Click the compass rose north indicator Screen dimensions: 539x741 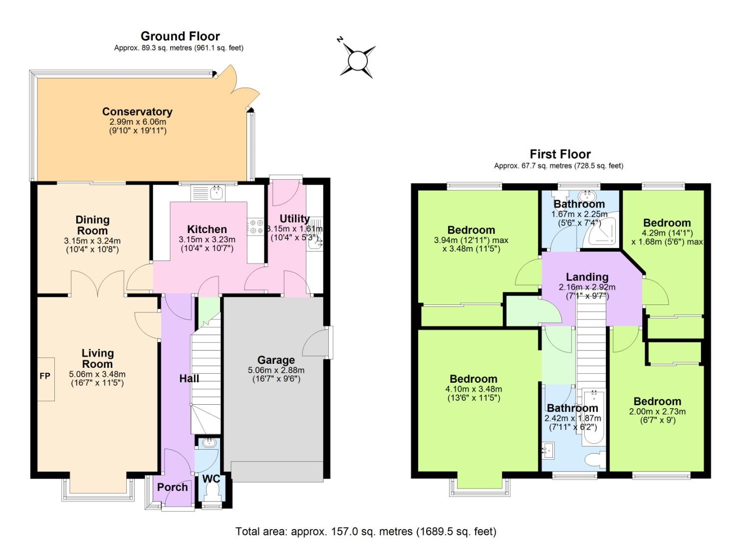(x=357, y=60)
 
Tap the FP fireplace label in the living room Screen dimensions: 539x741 (x=45, y=376)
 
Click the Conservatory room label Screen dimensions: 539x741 (x=137, y=112)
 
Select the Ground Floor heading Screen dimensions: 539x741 (x=180, y=36)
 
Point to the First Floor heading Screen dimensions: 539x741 (x=560, y=154)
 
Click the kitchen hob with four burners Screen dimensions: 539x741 (x=255, y=226)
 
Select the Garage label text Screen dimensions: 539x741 (x=276, y=360)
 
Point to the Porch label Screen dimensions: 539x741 (x=173, y=487)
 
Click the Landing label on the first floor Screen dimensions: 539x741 (x=587, y=277)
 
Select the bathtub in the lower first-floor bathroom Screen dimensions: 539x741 (x=593, y=417)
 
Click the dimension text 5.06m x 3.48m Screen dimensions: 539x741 (x=97, y=374)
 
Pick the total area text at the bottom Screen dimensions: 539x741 (x=366, y=532)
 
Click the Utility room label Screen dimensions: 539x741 (x=294, y=219)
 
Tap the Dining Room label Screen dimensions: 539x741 (x=92, y=225)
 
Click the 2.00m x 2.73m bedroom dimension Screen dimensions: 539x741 (x=657, y=412)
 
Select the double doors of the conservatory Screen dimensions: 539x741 (x=234, y=85)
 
